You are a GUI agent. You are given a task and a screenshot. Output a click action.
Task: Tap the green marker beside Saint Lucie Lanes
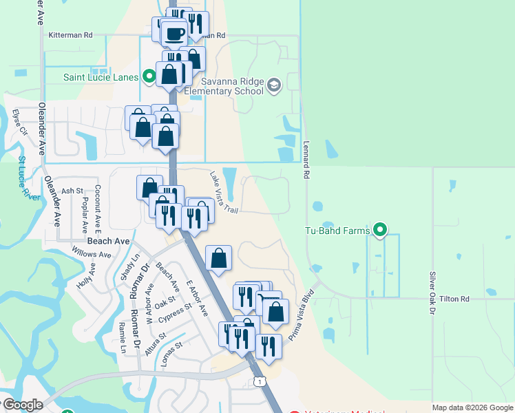tap(149, 76)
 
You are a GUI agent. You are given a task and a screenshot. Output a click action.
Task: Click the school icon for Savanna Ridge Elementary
tap(274, 85)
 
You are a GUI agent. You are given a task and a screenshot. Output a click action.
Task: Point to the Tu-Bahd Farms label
tap(339, 231)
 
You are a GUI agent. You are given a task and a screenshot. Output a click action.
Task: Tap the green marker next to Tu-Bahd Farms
tap(379, 231)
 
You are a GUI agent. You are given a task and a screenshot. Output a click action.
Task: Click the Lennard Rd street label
tap(306, 160)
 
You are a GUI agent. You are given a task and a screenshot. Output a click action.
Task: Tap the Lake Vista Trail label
tap(224, 191)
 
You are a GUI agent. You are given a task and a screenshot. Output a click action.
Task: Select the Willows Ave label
tap(96, 255)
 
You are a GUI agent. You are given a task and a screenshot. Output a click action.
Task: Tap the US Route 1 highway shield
tap(259, 381)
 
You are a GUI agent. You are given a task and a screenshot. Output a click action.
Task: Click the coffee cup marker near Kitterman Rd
tap(174, 32)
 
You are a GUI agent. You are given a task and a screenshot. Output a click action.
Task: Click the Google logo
tap(23, 405)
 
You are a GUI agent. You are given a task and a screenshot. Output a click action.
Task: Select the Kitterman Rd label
tap(70, 34)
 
